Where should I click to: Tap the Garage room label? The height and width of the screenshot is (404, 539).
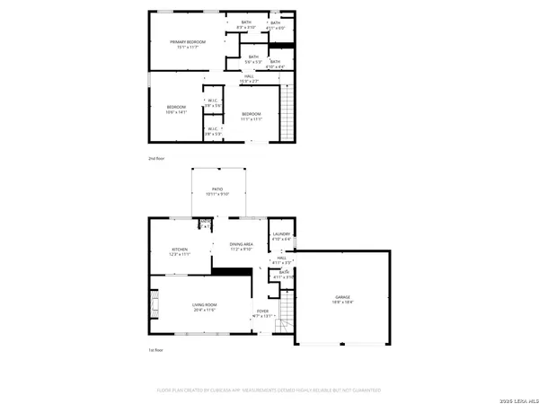343,299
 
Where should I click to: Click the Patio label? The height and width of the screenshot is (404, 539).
217,191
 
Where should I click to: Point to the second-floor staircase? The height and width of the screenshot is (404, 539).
288,112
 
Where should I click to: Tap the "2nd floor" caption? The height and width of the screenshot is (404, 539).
157,159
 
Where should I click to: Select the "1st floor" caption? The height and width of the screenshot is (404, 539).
156,350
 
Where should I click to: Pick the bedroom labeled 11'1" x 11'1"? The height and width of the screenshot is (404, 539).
252,116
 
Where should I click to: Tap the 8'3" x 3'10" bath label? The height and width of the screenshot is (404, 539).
245,24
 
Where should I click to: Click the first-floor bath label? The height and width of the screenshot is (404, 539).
284,274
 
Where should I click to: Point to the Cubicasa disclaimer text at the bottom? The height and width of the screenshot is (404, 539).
269,391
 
